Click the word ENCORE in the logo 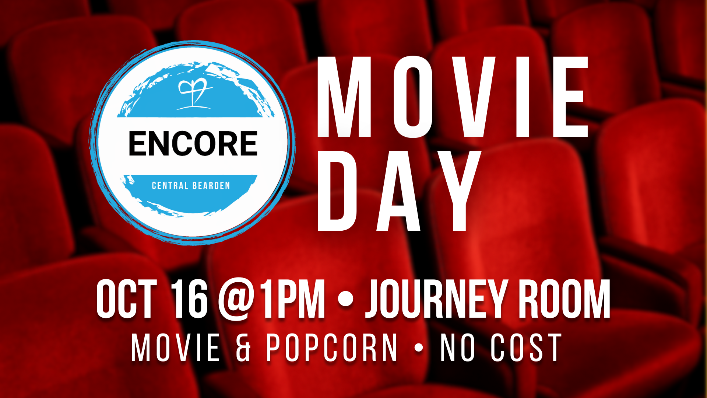(x=193, y=143)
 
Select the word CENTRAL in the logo (x=170, y=185)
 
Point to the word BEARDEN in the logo (x=211, y=185)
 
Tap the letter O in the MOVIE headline (x=413, y=97)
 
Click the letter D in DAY (x=337, y=191)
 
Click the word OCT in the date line (x=127, y=299)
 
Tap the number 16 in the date (x=190, y=299)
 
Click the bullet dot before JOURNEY (x=345, y=299)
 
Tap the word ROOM (x=564, y=299)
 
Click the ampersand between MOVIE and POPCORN (x=243, y=348)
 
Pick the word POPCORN (x=331, y=348)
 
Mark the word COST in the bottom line (x=526, y=348)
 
